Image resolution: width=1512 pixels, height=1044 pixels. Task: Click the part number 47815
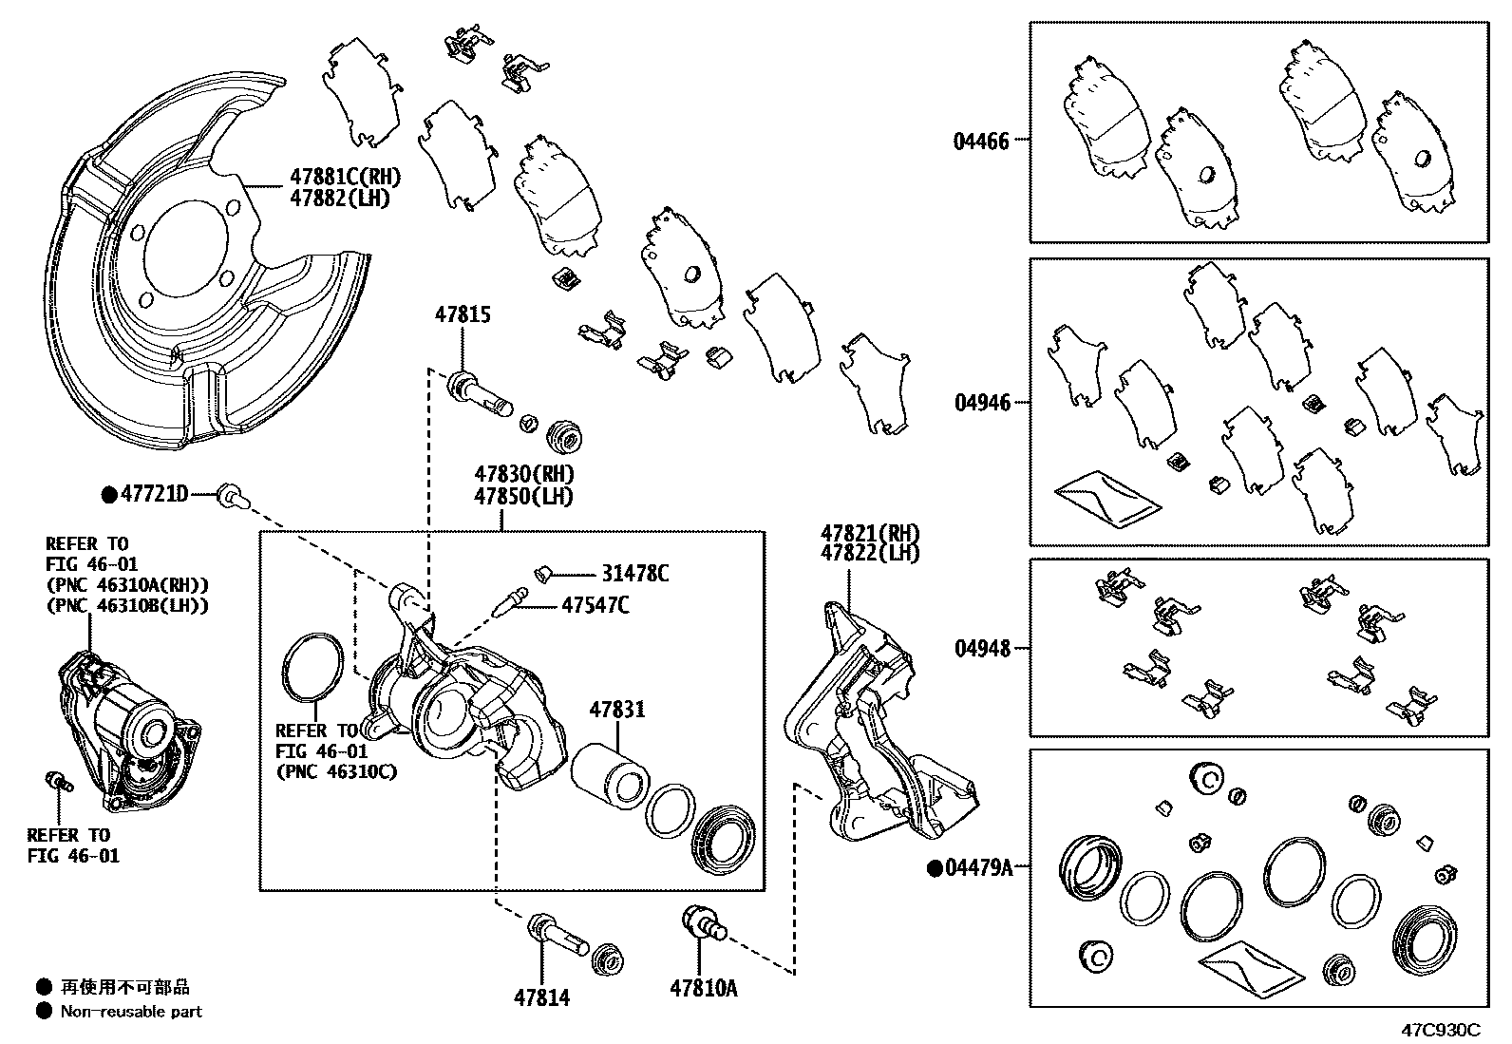[463, 314]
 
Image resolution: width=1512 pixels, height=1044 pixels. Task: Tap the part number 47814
[541, 997]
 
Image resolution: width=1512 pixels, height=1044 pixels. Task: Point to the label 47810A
[703, 989]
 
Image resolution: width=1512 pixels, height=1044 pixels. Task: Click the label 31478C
[634, 574]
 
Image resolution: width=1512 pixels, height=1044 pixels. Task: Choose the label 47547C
[595, 605]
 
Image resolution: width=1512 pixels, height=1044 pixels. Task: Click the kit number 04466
[981, 142]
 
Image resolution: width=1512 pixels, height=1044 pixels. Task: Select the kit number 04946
[983, 404]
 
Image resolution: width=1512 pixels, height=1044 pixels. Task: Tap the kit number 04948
[982, 649]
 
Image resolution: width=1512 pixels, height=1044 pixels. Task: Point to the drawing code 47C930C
[1442, 1030]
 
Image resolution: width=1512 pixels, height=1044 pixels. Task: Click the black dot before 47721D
[110, 494]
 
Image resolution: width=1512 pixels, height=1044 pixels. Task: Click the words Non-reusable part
[131, 1013]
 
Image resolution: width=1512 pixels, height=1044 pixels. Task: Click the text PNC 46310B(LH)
[127, 605]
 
